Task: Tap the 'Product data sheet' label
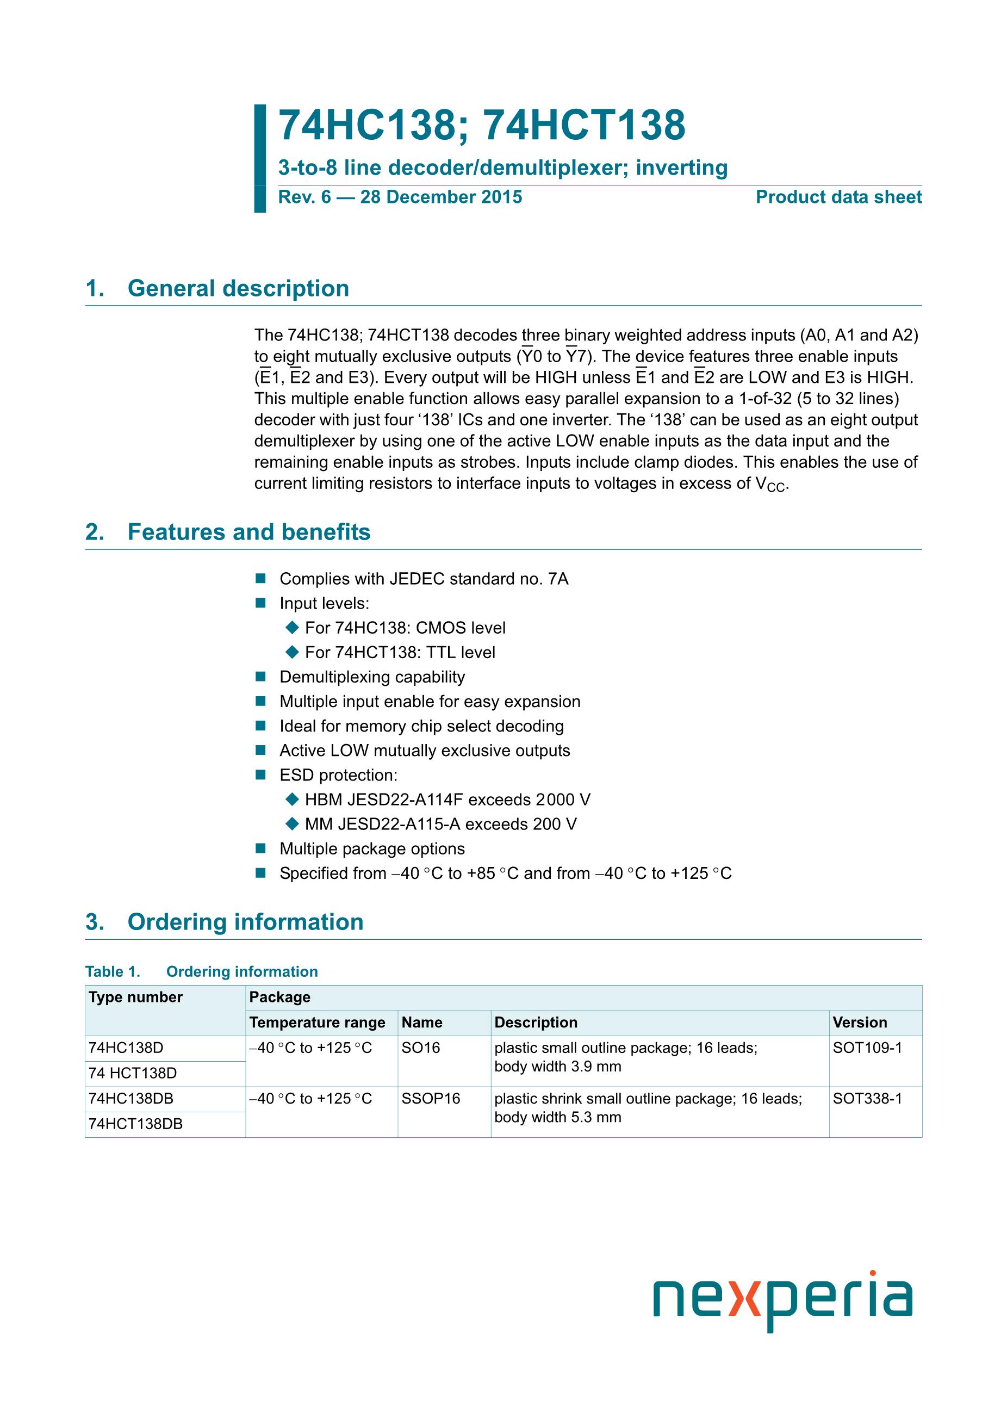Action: (x=838, y=197)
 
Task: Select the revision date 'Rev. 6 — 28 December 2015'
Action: (x=400, y=197)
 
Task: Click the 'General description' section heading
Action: (x=238, y=289)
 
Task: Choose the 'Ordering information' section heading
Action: (x=245, y=922)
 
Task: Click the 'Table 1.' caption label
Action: (x=113, y=971)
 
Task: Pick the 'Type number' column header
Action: (x=135, y=997)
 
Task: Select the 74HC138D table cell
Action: (x=126, y=1048)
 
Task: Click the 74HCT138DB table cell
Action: (x=135, y=1124)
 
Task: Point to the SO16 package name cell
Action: (x=420, y=1048)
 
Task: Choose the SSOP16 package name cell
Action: (x=431, y=1099)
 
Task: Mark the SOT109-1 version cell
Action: (x=867, y=1048)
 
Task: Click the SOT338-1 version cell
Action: (x=867, y=1099)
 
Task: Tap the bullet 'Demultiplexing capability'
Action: (x=372, y=677)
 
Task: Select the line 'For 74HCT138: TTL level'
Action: (x=400, y=652)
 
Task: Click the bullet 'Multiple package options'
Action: (x=372, y=848)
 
